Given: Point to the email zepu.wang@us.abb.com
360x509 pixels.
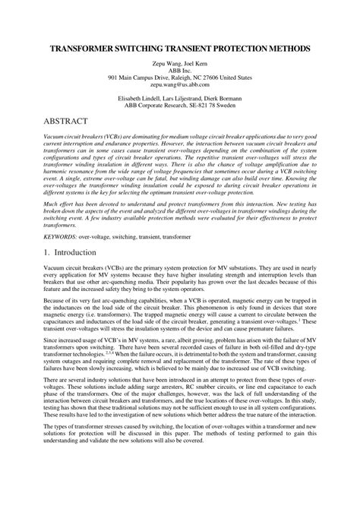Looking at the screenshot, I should (x=180, y=87).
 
